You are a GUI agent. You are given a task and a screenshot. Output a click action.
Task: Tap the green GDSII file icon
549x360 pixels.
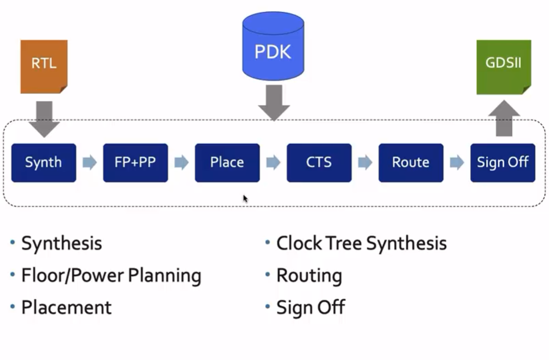tap(503, 67)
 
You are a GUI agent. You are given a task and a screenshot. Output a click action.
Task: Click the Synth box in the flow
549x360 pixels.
tap(43, 163)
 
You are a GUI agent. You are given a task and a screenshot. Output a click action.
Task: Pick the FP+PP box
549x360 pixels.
tap(135, 163)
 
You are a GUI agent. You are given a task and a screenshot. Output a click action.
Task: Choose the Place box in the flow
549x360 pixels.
tap(227, 163)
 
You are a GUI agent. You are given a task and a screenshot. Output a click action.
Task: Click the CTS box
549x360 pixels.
tap(319, 163)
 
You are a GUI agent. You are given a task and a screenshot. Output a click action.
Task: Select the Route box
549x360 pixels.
tap(410, 163)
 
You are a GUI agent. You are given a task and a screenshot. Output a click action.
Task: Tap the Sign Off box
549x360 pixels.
tap(502, 163)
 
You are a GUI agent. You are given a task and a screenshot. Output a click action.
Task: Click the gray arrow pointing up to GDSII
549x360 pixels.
tap(503, 118)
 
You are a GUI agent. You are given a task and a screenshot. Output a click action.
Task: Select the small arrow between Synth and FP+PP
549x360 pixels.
tap(90, 163)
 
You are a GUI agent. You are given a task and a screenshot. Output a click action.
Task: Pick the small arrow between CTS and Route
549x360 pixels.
tap(365, 163)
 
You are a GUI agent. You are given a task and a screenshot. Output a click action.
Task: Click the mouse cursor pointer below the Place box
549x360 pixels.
tap(246, 198)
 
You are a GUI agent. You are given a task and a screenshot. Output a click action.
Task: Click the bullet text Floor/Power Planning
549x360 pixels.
tap(111, 276)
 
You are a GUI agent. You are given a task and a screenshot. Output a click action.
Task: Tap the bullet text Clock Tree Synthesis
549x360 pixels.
tap(361, 243)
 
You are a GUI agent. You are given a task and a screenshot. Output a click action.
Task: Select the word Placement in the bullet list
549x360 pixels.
tap(66, 307)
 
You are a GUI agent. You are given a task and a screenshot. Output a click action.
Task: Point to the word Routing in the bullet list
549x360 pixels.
tap(309, 276)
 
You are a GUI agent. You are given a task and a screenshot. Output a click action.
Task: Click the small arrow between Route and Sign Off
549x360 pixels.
tap(457, 163)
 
